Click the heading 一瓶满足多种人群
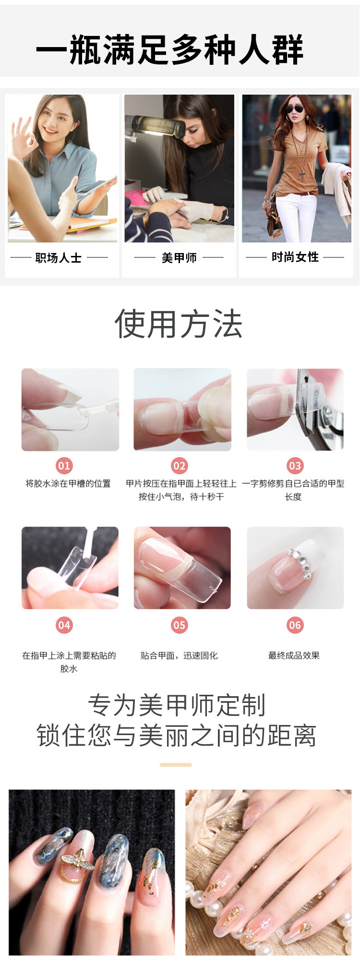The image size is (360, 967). (170, 50)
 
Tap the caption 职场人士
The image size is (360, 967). (59, 258)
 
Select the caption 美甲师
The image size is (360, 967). (179, 258)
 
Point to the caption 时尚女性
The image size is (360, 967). (295, 257)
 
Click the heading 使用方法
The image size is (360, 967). (179, 324)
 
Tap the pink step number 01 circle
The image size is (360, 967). (64, 465)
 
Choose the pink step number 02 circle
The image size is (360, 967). (179, 465)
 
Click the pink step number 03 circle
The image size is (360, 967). (295, 465)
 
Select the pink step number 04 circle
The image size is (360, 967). (64, 625)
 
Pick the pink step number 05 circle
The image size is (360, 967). (179, 625)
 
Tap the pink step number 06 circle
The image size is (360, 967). (295, 625)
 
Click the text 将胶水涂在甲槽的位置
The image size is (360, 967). (68, 483)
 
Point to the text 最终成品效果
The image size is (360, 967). (294, 655)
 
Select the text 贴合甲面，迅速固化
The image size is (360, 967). (179, 655)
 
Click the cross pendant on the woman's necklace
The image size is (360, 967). (302, 175)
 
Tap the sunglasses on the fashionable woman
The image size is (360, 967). (294, 109)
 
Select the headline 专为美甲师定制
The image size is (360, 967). (177, 705)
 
